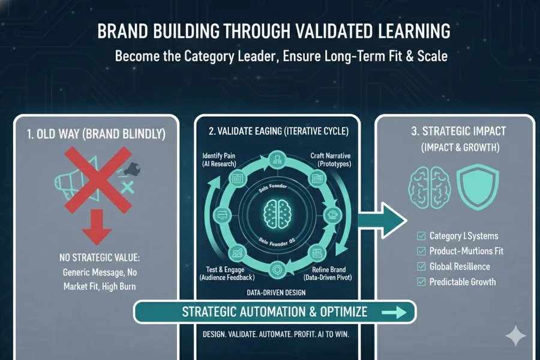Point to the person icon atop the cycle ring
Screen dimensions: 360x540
coord(278,159)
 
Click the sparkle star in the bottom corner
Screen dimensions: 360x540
coord(515,336)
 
